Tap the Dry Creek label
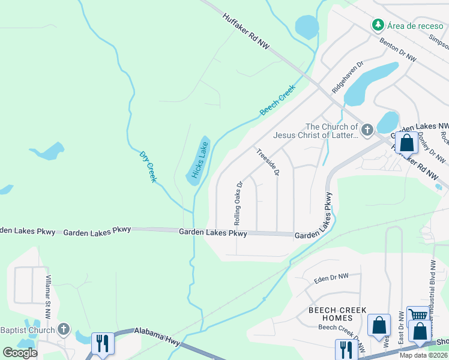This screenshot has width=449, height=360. coord(148,167)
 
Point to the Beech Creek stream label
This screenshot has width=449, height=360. coord(277,100)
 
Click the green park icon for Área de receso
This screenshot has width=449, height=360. coord(378,25)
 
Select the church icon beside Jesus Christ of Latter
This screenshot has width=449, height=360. coord(367,129)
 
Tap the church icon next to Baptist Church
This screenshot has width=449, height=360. coord(64,329)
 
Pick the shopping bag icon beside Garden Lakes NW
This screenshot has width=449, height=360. coord(406,143)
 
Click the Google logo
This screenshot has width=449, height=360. coord(20,353)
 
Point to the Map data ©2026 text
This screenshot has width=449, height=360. coord(424,355)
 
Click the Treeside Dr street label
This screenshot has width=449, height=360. coord(267,162)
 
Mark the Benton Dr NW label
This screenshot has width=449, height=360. coord(398,50)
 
